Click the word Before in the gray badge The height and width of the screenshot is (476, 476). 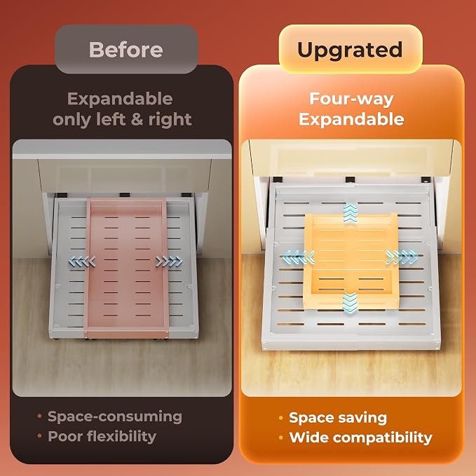[x=125, y=50]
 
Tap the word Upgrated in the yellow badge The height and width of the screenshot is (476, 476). [x=350, y=50]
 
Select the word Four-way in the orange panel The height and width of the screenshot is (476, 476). [x=351, y=100]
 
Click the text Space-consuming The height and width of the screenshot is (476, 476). [x=115, y=417]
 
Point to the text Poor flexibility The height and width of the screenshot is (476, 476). [x=102, y=437]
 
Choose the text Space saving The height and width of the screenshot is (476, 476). [x=338, y=418]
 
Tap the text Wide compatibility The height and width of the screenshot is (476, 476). [x=360, y=437]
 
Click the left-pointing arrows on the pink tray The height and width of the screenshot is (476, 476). [x=82, y=261]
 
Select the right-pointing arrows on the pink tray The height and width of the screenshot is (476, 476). [x=169, y=261]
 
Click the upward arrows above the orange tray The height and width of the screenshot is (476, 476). [x=351, y=213]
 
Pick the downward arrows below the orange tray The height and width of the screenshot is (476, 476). [x=350, y=302]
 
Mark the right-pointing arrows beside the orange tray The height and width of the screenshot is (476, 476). [x=402, y=257]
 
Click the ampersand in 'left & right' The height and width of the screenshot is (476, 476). [x=137, y=119]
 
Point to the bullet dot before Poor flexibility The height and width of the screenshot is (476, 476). [x=39, y=436]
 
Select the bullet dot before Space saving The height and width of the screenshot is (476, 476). [x=281, y=418]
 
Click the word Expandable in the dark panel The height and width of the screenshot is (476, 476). [x=120, y=99]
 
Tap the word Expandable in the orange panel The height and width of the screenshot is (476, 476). [x=351, y=119]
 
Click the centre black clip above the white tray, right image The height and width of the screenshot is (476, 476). [x=350, y=179]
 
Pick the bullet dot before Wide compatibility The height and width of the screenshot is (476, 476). [x=281, y=437]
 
